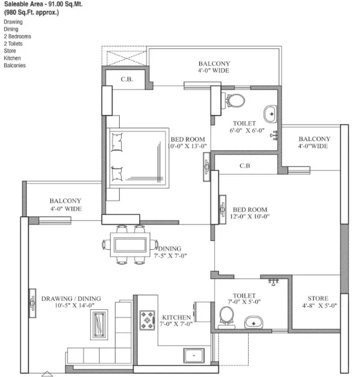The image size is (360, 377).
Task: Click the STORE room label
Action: [318, 298]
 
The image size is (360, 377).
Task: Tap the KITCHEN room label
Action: [177, 317]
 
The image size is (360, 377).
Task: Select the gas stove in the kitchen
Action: [147, 320]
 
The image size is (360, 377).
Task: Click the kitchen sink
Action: [194, 356]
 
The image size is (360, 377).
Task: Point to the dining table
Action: [130, 244]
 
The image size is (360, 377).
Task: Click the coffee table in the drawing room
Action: [99, 324]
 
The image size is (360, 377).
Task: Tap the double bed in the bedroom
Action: [138, 158]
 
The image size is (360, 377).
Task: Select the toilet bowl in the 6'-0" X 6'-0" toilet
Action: [234, 100]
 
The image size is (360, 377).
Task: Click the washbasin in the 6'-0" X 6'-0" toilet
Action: [270, 114]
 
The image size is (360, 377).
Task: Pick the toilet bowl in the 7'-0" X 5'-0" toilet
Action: [227, 317]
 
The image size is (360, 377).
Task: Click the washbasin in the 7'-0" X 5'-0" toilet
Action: [254, 323]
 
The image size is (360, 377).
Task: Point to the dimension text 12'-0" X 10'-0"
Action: [250, 217]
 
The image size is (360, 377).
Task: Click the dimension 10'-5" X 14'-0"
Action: [74, 306]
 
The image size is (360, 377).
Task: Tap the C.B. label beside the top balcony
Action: [126, 79]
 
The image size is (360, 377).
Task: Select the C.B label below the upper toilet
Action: [245, 166]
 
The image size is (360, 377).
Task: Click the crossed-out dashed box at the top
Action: [126, 58]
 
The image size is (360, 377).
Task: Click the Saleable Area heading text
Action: [43, 4]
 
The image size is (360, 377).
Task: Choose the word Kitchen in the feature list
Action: [12, 58]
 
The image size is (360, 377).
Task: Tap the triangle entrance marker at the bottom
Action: [47, 373]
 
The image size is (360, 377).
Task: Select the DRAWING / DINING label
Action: [71, 298]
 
